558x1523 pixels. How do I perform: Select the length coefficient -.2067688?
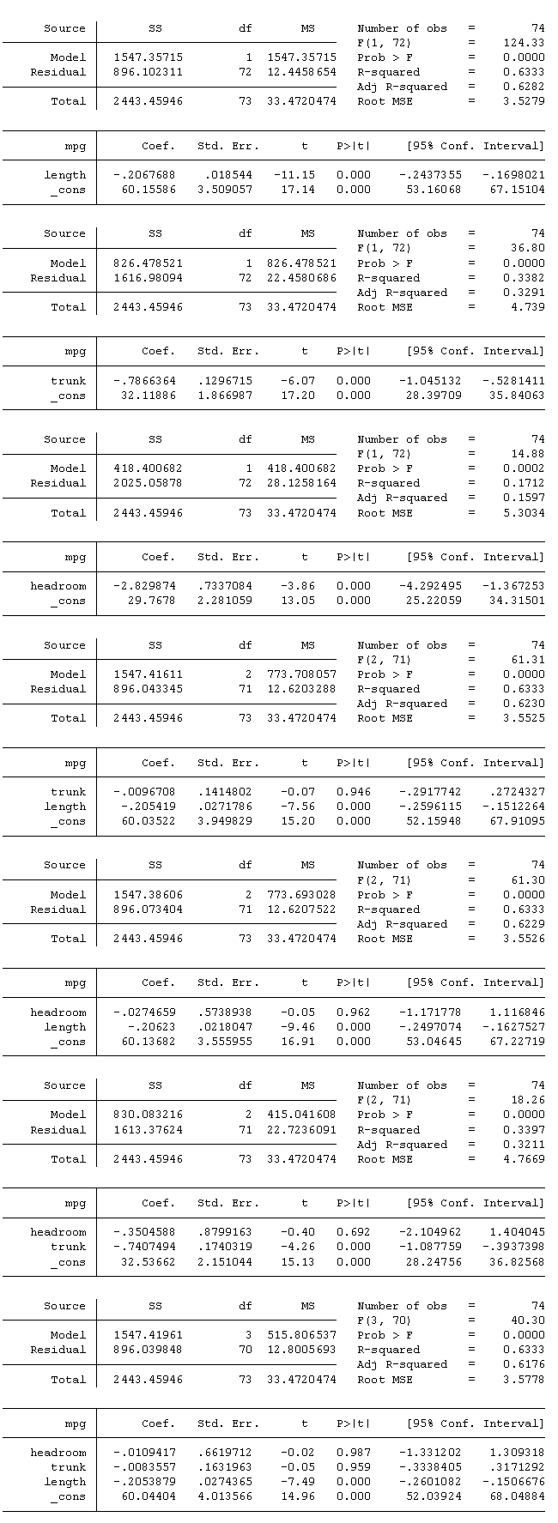tap(144, 175)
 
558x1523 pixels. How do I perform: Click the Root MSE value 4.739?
tap(527, 307)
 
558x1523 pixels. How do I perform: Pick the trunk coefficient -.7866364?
tap(144, 381)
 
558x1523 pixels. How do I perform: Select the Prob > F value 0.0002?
tap(524, 468)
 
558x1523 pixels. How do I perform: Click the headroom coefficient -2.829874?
tap(144, 586)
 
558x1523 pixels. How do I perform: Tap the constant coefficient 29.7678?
tap(153, 601)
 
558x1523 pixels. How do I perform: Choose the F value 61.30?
tap(526, 880)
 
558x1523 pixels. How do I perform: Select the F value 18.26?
tap(526, 1100)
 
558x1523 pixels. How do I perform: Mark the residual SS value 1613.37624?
tap(148, 1130)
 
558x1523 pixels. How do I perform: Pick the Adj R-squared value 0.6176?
tap(524, 1364)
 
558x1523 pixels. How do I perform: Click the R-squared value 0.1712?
tap(524, 483)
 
